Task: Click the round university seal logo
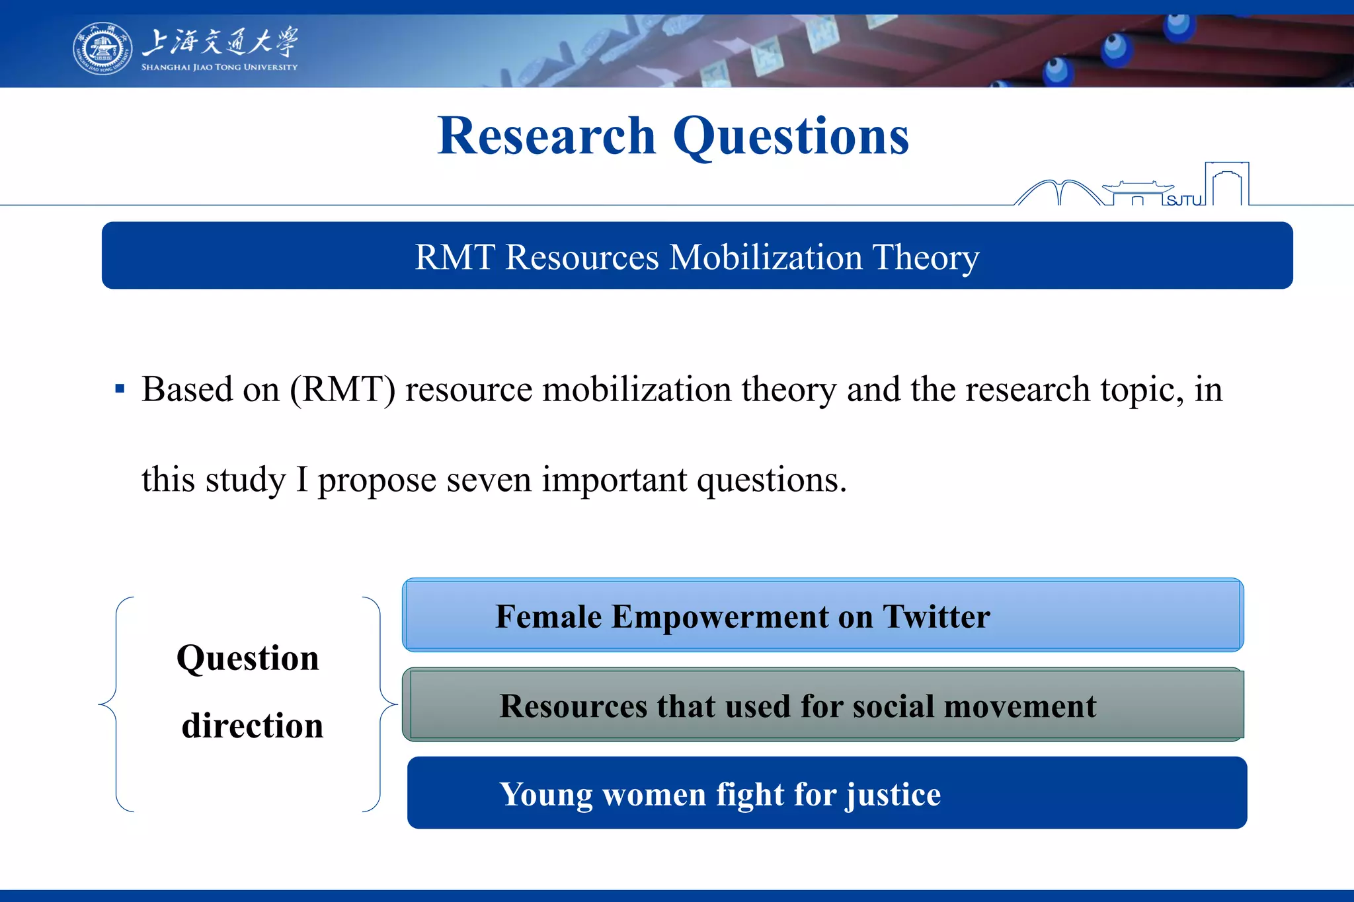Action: coord(102,48)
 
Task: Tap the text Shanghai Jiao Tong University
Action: coord(219,67)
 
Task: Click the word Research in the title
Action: coord(546,136)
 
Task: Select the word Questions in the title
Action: coord(791,136)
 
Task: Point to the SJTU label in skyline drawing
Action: coord(1183,200)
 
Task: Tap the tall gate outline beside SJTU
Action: coord(1227,184)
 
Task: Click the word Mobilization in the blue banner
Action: coord(766,257)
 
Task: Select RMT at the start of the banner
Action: coord(455,257)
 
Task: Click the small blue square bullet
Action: coord(120,389)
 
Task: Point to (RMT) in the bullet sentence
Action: coord(342,389)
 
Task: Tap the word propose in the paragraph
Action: coord(377,480)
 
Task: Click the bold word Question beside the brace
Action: coord(248,658)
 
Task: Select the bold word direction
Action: coord(253,726)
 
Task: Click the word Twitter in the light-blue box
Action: coord(936,617)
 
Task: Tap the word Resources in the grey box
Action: coord(573,706)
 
